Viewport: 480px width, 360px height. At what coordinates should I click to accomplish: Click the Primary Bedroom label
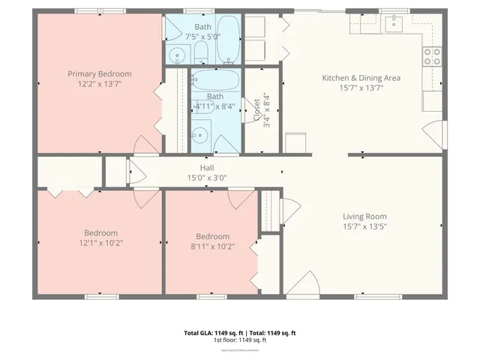click(100, 73)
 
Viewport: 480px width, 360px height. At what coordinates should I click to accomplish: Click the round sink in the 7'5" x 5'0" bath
click(177, 55)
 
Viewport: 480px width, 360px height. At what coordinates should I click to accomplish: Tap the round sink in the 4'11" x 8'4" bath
click(199, 136)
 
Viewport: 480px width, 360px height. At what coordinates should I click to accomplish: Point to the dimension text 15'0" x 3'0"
click(207, 178)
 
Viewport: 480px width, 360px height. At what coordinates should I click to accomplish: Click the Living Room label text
click(364, 216)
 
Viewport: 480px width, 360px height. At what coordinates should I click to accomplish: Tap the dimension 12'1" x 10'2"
click(100, 242)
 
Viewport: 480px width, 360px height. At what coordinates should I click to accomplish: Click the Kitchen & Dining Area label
click(361, 78)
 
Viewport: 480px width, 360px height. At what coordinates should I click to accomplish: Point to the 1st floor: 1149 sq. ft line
click(239, 340)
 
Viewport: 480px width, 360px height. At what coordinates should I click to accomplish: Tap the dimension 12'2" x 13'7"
click(100, 84)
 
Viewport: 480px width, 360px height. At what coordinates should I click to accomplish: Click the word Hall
click(207, 168)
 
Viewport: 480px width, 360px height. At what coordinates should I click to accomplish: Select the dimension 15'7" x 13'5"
click(364, 226)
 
